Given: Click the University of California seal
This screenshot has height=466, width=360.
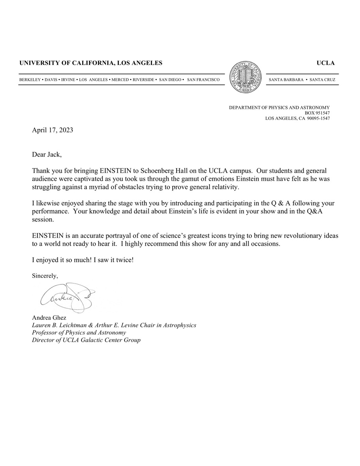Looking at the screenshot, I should [x=246, y=77].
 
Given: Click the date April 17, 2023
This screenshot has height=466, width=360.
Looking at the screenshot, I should [x=53, y=130].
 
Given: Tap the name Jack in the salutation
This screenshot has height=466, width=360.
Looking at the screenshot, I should [x=55, y=154].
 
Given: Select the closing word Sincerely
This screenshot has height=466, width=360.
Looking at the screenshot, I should [x=45, y=276].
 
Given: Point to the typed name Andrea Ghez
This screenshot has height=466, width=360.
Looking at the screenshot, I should [x=49, y=318].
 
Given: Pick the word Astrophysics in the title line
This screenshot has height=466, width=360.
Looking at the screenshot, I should [x=179, y=325].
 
